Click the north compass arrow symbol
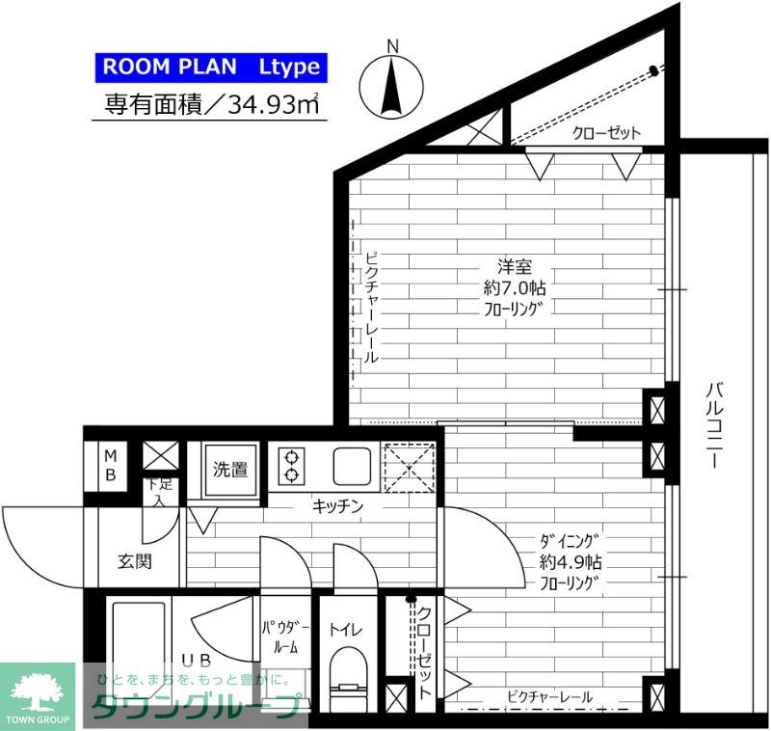(x=392, y=86)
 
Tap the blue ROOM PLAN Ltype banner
(x=211, y=67)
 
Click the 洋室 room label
(x=515, y=267)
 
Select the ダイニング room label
(x=570, y=541)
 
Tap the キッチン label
(x=338, y=505)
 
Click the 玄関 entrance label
(x=135, y=561)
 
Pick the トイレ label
(x=346, y=629)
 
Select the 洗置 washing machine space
(x=230, y=471)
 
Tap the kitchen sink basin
(x=352, y=466)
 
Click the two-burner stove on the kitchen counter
(x=292, y=466)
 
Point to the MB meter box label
(x=111, y=466)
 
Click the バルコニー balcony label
(x=714, y=425)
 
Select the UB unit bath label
(x=197, y=661)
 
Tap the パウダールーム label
(x=285, y=637)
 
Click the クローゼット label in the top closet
(x=607, y=133)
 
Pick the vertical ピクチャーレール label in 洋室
(x=372, y=308)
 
